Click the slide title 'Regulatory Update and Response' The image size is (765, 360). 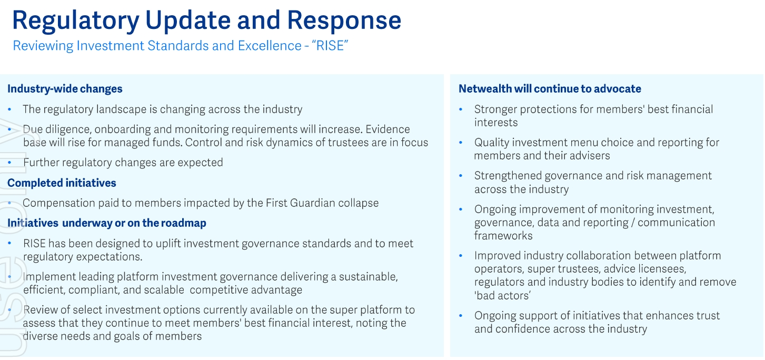[x=206, y=21]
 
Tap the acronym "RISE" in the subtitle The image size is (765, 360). [x=330, y=46]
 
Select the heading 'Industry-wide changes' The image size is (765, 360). [x=65, y=89]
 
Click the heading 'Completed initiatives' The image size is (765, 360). [x=62, y=183]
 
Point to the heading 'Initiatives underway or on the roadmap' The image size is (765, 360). [x=107, y=223]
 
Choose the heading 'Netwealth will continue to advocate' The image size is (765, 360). [x=550, y=89]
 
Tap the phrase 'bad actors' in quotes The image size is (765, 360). [x=502, y=295]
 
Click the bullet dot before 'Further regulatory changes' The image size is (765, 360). [x=9, y=163]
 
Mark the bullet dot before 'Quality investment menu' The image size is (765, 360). [x=461, y=143]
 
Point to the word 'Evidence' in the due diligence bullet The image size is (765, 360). [x=388, y=129]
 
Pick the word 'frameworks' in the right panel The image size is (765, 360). [x=503, y=236]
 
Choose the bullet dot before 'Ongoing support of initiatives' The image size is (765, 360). [x=461, y=316]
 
